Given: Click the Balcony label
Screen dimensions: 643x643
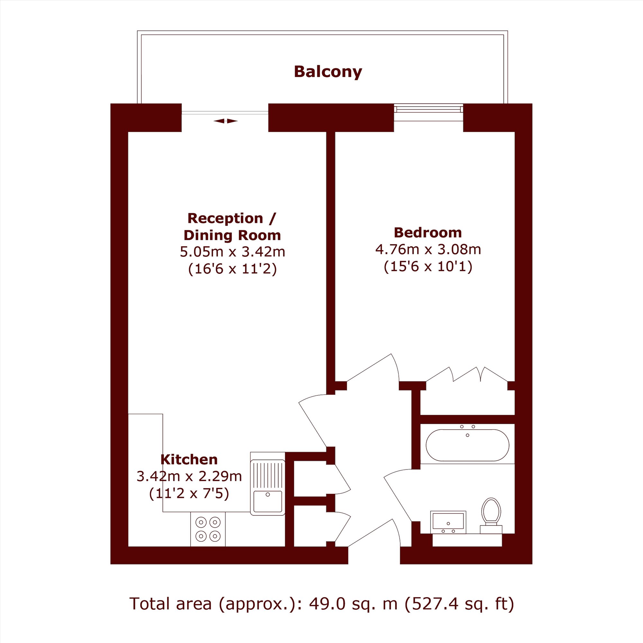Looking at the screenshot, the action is click(328, 72).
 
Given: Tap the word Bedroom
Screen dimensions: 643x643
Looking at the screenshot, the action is click(428, 232).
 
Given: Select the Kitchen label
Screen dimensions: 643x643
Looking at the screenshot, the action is click(189, 459).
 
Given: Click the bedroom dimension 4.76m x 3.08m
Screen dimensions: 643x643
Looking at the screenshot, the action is click(428, 249).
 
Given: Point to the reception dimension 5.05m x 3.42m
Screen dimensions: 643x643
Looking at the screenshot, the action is click(232, 252).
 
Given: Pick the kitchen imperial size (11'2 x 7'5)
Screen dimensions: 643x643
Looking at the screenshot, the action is click(189, 494).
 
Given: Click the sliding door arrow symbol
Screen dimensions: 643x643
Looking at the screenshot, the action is click(226, 121).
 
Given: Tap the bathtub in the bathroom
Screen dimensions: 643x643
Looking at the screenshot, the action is click(467, 445).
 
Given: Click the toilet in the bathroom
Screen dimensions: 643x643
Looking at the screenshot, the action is click(491, 516).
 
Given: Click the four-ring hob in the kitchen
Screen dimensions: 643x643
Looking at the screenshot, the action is click(208, 529).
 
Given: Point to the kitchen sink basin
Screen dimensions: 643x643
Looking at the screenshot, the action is click(267, 501).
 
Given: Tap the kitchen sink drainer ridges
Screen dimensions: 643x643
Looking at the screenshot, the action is click(267, 475).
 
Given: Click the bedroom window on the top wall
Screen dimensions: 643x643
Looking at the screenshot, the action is click(428, 109).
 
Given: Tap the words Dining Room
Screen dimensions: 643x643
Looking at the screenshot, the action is click(232, 235).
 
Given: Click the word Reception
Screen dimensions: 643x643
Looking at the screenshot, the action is click(225, 218).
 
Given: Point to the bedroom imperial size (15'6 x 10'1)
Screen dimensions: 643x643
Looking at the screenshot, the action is click(428, 267).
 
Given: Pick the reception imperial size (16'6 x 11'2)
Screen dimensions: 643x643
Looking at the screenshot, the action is click(232, 269).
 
